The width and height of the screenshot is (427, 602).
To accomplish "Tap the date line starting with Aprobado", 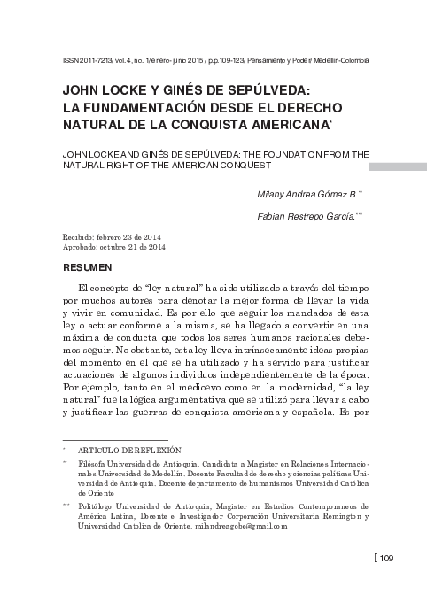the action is tap(114, 247).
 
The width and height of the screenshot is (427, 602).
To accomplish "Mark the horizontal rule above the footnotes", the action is tap(114, 440).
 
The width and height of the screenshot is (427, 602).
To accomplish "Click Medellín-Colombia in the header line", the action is tap(341, 60).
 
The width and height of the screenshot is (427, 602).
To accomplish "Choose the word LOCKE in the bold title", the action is tap(120, 89).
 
